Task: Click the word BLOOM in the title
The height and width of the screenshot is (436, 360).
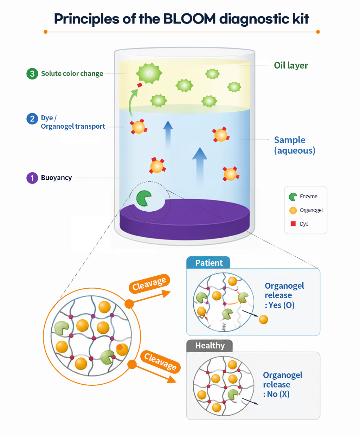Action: pos(189,19)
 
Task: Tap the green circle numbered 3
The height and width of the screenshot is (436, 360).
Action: pos(32,74)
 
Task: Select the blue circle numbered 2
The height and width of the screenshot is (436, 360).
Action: pos(32,118)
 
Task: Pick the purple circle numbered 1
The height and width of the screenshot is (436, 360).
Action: pos(32,178)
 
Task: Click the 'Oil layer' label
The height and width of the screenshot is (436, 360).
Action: pos(291,65)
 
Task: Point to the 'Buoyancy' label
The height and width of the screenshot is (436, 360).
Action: pos(56,178)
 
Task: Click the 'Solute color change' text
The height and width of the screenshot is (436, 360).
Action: pos(72,73)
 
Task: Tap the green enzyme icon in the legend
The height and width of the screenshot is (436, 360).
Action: pos(293,197)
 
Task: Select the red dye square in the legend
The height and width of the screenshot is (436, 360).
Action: pos(293,224)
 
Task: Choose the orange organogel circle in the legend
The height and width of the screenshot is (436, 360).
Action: pos(293,211)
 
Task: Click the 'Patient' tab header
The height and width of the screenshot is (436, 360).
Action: pos(208,263)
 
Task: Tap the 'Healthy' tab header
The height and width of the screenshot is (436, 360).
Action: pos(210,346)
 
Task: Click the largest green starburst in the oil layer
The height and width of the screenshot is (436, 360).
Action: pos(149,73)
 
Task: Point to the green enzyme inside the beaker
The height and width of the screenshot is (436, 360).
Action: pos(144,198)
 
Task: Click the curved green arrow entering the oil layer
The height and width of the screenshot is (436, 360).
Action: pos(131,102)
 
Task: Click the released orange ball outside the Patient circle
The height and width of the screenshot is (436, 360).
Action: pos(264,320)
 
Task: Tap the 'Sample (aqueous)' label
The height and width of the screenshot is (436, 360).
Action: pos(295,145)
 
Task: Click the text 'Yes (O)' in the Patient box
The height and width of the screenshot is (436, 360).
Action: pos(282,305)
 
